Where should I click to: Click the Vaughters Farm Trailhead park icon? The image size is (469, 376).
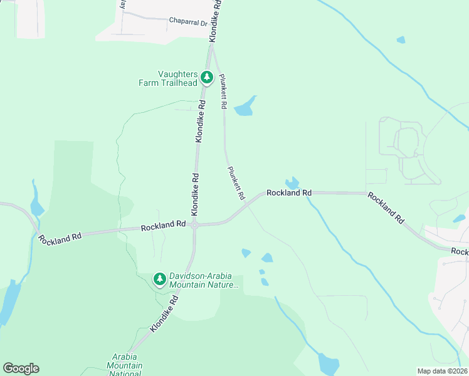[x=206, y=78]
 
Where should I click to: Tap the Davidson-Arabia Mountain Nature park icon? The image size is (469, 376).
[x=160, y=279]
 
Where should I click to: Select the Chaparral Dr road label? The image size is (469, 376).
[x=188, y=21]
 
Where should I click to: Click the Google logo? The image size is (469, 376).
[x=21, y=368]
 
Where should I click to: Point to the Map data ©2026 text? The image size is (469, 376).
[x=441, y=371]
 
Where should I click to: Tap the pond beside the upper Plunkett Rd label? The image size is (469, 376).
[x=245, y=107]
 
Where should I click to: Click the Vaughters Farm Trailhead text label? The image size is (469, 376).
[x=168, y=78]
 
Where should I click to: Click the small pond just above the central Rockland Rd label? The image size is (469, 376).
[x=291, y=183]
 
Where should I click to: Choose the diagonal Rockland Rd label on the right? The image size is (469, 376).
[x=386, y=207]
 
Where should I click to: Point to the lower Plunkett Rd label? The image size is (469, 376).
[x=236, y=182]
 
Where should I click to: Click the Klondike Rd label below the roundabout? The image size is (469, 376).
[x=164, y=313]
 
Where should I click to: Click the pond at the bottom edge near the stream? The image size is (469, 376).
[x=328, y=363]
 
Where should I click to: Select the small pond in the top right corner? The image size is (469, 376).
[x=401, y=40]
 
